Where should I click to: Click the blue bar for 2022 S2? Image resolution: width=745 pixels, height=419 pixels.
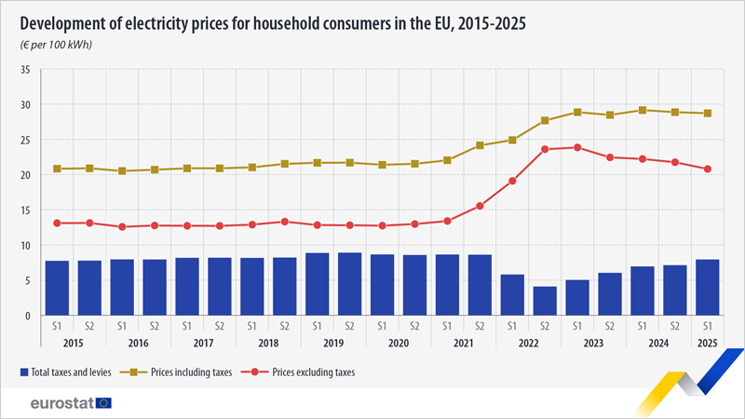(545, 301)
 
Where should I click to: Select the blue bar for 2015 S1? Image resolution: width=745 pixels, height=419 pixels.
(57, 288)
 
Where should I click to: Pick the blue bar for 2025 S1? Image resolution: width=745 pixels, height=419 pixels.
(708, 288)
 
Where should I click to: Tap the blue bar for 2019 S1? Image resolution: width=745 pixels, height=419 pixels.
(317, 284)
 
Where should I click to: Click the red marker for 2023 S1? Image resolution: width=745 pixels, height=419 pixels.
(577, 147)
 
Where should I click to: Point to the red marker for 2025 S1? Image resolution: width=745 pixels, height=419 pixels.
(708, 169)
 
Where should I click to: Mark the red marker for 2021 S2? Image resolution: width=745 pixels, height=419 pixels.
(480, 206)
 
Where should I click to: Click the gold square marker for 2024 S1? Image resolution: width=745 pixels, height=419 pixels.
(643, 110)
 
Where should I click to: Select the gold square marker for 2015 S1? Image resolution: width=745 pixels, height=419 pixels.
(57, 169)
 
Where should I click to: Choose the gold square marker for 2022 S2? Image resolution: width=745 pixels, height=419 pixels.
(545, 121)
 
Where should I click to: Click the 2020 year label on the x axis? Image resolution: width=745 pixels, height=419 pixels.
(399, 343)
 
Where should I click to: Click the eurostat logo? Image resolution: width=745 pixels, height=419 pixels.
(70, 402)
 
